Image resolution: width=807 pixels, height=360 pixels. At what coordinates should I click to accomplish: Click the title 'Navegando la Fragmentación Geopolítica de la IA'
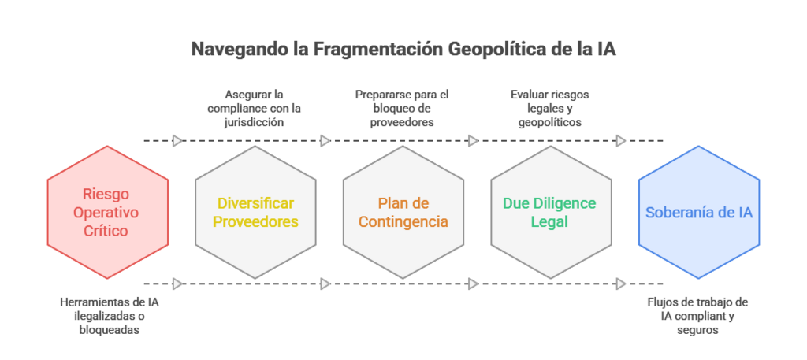pyautogui.click(x=403, y=50)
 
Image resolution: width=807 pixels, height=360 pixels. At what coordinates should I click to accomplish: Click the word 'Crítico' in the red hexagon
pyautogui.click(x=106, y=232)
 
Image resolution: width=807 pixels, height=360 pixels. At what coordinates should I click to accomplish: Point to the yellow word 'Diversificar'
pyautogui.click(x=255, y=203)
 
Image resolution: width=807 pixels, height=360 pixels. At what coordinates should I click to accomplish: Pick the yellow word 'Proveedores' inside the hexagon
pyautogui.click(x=255, y=221)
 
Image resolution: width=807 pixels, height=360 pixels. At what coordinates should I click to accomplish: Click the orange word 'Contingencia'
pyautogui.click(x=403, y=221)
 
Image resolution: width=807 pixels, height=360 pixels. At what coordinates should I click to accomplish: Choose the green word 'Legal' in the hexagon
pyautogui.click(x=550, y=221)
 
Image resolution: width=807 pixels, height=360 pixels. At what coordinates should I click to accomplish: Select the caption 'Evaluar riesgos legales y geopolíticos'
pyautogui.click(x=549, y=108)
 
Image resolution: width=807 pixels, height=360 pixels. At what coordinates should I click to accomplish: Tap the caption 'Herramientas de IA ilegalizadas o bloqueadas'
pyautogui.click(x=109, y=315)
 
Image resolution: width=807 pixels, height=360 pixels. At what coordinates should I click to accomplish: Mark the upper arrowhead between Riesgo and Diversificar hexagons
pyautogui.click(x=177, y=140)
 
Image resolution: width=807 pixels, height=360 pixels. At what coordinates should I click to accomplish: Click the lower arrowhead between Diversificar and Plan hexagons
pyautogui.click(x=325, y=283)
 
